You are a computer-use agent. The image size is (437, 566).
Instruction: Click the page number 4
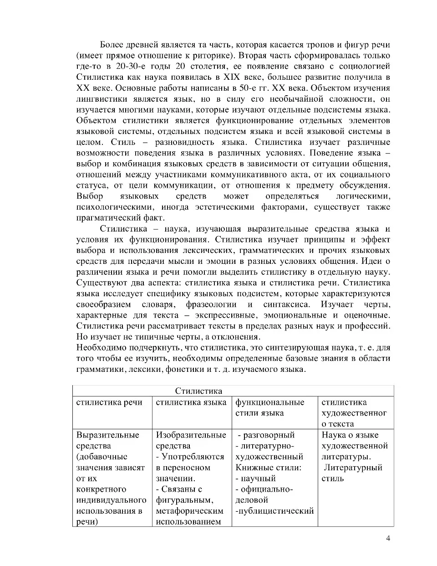(x=388, y=538)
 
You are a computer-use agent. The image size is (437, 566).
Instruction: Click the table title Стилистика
(x=198, y=391)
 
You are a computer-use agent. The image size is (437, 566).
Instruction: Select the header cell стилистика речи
(x=109, y=402)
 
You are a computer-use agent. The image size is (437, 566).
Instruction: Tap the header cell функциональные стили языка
(x=269, y=407)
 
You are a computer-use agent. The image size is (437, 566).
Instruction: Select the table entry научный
(x=258, y=479)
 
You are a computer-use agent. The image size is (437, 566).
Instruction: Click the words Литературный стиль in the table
(x=352, y=473)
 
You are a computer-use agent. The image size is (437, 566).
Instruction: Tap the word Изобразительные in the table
(x=191, y=435)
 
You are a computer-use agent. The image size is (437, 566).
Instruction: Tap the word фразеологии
(x=211, y=304)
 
